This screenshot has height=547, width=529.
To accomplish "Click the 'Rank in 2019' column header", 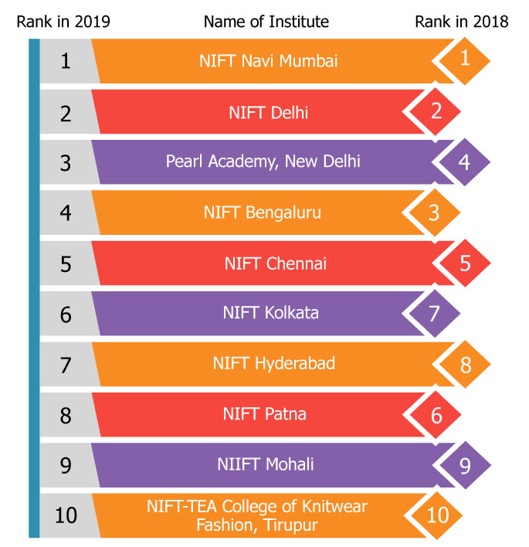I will (x=63, y=21).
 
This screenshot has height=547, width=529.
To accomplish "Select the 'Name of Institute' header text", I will (x=266, y=21).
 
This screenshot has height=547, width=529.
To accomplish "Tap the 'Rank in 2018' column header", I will (x=462, y=21).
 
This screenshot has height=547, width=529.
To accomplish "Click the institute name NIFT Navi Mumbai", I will (x=268, y=60).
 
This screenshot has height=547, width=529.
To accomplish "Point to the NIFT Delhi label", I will (x=268, y=112).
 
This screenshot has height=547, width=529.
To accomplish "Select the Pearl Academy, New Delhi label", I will (x=263, y=161).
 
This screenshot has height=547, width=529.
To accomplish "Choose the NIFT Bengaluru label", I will (x=263, y=212).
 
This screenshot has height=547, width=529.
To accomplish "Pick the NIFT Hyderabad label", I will (x=274, y=363).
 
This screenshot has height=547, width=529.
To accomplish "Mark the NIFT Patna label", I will (x=265, y=414).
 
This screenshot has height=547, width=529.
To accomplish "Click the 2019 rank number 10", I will (x=66, y=515).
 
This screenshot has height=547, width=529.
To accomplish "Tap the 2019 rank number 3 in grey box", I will (x=66, y=162).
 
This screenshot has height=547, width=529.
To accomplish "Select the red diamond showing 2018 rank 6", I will (x=436, y=415).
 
